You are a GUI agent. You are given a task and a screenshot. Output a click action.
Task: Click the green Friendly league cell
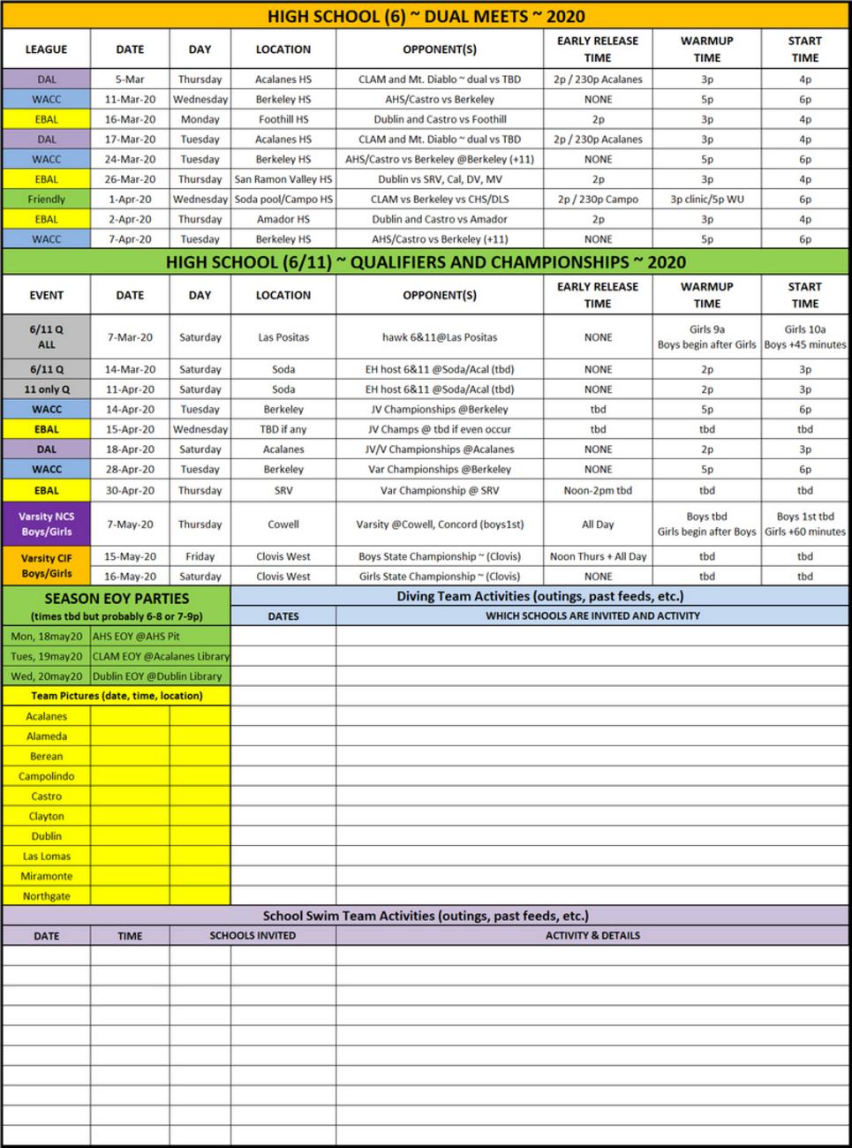click(46, 200)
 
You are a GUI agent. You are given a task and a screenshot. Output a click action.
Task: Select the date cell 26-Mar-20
click(130, 179)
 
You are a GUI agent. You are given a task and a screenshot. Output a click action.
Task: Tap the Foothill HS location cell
click(283, 119)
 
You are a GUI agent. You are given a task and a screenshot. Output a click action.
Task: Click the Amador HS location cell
click(283, 219)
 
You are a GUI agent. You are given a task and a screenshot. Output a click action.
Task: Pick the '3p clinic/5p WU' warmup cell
click(706, 200)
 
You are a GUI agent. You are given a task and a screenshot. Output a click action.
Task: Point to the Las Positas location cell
click(283, 337)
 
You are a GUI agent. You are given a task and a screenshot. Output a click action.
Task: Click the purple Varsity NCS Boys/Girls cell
click(46, 524)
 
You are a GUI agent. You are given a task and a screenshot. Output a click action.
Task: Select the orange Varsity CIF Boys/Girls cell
click(46, 566)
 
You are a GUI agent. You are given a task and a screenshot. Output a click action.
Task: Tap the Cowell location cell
click(283, 524)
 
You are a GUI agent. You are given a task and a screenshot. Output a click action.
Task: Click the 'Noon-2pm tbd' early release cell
click(598, 490)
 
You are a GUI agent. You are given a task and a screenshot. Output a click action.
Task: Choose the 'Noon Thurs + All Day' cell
click(598, 556)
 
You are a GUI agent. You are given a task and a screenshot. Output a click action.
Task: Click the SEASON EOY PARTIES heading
click(117, 598)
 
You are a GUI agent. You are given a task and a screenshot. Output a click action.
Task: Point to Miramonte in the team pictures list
click(46, 876)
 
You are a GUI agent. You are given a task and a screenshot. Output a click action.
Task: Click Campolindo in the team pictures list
click(46, 776)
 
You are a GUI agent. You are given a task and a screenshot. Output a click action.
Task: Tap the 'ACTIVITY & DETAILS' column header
click(592, 935)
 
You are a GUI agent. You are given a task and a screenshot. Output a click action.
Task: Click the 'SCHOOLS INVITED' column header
click(253, 935)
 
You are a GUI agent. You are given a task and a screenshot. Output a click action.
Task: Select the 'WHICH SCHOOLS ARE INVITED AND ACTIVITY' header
click(592, 616)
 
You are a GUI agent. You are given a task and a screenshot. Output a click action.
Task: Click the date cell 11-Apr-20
click(130, 389)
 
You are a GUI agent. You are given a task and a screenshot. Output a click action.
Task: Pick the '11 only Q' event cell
click(46, 389)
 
